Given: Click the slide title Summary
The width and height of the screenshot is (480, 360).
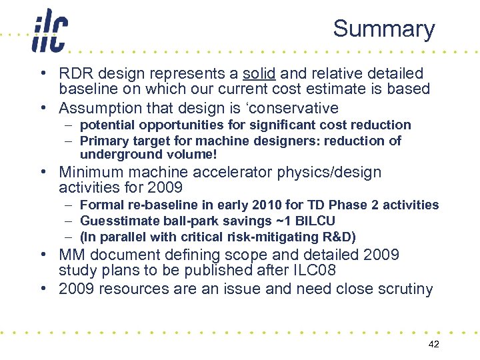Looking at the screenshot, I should [383, 29].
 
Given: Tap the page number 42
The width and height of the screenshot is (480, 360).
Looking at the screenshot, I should [433, 343].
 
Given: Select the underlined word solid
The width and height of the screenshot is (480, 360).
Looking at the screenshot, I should [259, 73].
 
